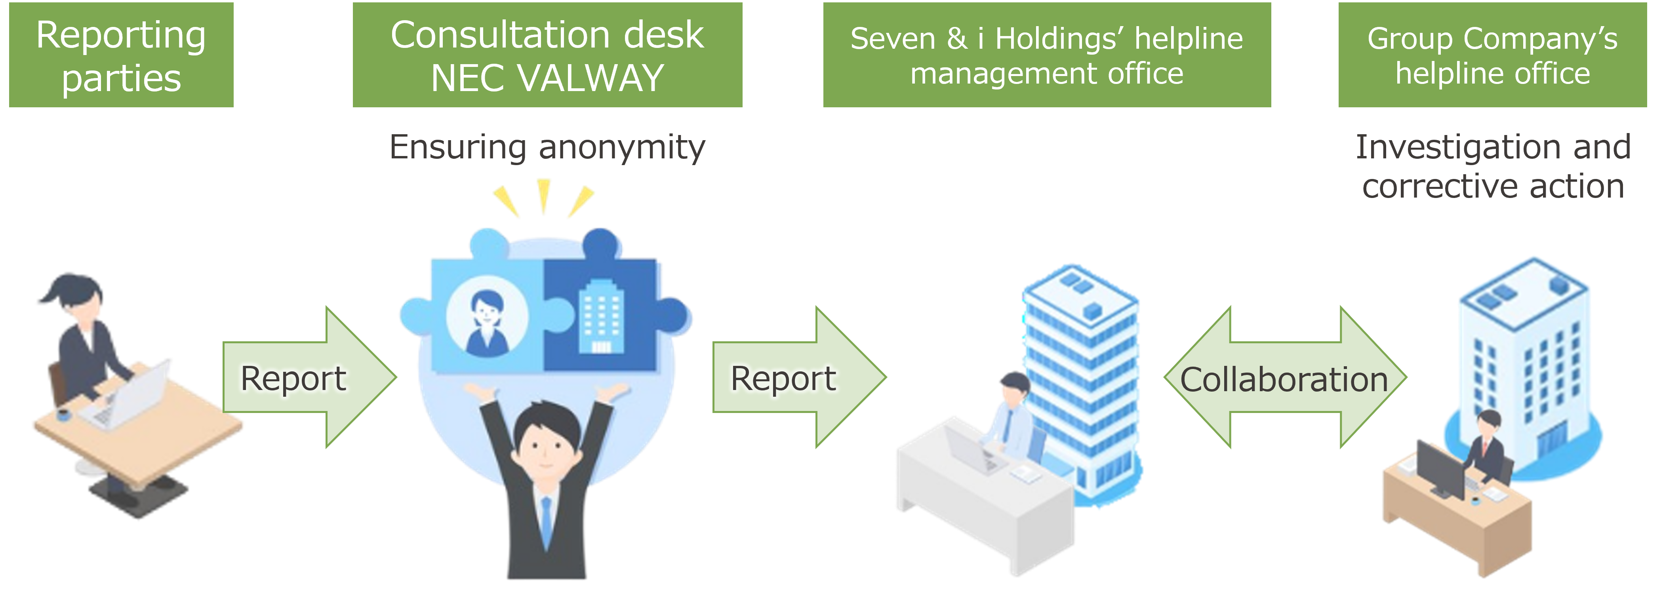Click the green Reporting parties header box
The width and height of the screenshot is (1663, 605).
(121, 55)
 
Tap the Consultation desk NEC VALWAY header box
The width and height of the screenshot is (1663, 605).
(547, 55)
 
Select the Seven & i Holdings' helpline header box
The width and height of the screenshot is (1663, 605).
(1047, 55)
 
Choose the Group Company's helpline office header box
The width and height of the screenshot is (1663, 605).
(1493, 55)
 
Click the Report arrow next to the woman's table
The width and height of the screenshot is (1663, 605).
(309, 377)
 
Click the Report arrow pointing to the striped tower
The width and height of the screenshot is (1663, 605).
(799, 377)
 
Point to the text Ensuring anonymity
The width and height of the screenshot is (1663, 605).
(547, 148)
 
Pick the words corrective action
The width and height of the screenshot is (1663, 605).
(1493, 186)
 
